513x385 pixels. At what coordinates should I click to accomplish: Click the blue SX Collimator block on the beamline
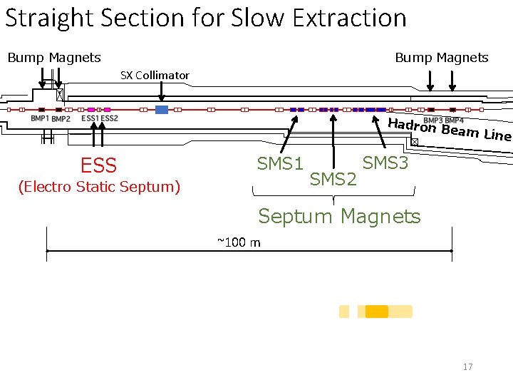(x=162, y=110)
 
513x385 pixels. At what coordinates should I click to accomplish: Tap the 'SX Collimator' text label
(x=155, y=75)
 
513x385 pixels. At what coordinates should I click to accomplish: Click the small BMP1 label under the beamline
(x=40, y=118)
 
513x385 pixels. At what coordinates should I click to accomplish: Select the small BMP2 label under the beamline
(x=61, y=119)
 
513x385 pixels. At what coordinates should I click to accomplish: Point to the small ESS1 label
(x=90, y=118)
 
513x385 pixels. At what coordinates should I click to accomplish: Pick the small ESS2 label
(x=109, y=118)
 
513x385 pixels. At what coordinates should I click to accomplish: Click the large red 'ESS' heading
(x=98, y=166)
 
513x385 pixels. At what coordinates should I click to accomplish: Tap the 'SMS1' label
(x=280, y=164)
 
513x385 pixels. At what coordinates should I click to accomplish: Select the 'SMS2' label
(x=333, y=180)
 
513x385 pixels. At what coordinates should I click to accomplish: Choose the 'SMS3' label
(x=385, y=163)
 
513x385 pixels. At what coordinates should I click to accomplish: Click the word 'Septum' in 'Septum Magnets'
(x=296, y=215)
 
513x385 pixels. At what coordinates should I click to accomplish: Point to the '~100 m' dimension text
(x=239, y=242)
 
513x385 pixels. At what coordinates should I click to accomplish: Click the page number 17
(x=467, y=366)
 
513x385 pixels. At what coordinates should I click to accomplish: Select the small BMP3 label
(x=433, y=120)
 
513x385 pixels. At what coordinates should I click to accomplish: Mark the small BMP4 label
(x=454, y=120)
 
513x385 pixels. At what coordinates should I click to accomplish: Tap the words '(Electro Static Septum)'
(x=99, y=187)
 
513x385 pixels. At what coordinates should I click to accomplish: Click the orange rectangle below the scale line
(x=376, y=312)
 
